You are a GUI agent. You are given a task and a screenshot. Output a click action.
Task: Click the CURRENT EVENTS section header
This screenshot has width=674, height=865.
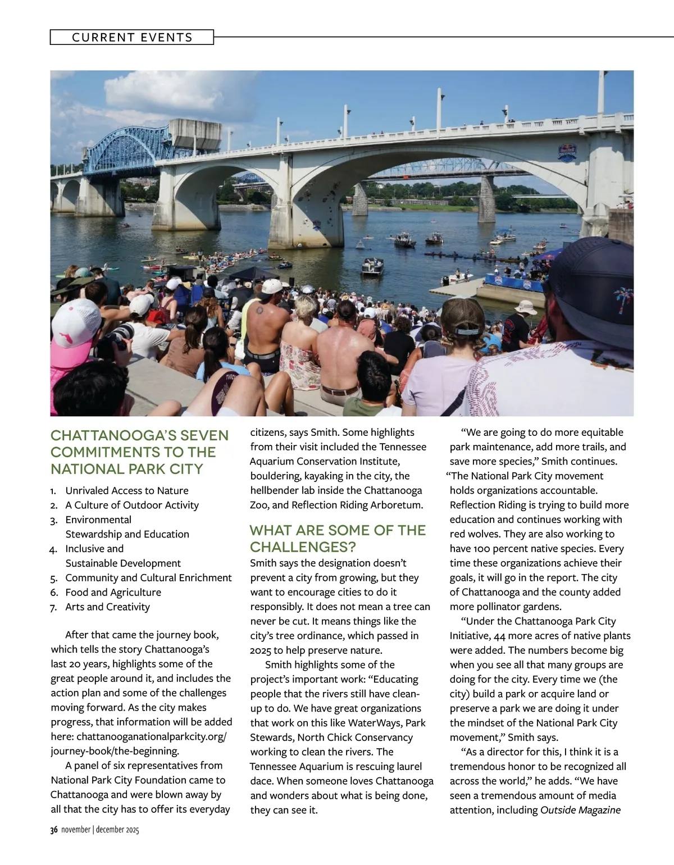pos(132,38)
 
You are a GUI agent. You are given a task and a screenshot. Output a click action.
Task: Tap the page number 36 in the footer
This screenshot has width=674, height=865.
pos(54,830)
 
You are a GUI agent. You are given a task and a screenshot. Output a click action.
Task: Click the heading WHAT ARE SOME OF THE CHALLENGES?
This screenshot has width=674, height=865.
pos(338,538)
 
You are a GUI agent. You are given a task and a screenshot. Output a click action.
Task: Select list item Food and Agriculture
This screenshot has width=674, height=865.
pos(113,592)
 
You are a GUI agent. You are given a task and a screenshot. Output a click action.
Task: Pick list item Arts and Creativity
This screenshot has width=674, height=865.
pos(107,607)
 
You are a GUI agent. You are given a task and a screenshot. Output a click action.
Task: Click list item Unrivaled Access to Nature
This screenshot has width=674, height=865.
pos(126,490)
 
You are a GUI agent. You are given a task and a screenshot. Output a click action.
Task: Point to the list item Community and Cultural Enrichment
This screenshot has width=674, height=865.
pos(148,577)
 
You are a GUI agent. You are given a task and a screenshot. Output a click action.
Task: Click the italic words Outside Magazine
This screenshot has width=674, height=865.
pos(580,810)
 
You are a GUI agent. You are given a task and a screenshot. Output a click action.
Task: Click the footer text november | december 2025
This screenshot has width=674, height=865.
pos(100,830)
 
